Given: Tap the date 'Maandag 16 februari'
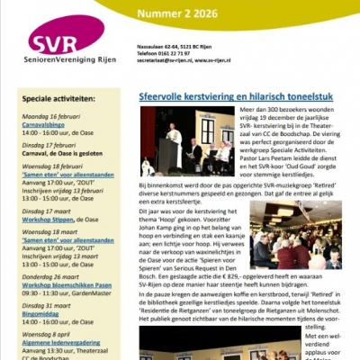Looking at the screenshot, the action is (x=46, y=115).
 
